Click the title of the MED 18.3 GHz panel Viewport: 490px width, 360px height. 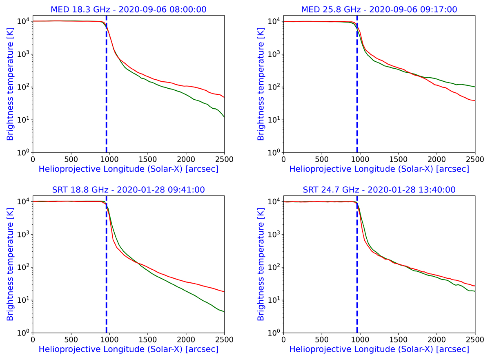[x=128, y=9]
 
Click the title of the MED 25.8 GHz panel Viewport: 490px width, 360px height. [x=379, y=9]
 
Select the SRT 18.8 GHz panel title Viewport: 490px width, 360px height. [x=128, y=189]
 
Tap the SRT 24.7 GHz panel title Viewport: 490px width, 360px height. [x=379, y=189]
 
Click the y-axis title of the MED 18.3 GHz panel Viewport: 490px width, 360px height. [x=10, y=84]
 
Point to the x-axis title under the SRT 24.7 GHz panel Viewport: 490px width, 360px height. [x=379, y=349]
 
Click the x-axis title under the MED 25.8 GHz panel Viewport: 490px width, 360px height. [x=379, y=169]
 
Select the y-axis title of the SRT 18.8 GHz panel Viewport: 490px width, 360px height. [x=10, y=264]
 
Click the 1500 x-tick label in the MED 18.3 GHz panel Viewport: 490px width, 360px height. [x=147, y=159]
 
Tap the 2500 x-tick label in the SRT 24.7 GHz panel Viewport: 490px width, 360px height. [x=475, y=340]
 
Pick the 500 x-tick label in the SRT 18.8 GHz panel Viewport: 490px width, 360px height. [x=71, y=340]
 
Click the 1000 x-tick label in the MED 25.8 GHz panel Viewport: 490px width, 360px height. [x=360, y=159]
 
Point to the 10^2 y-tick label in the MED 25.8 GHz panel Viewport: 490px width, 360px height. [x=274, y=87]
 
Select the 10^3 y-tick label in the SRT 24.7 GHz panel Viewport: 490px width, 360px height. [x=274, y=235]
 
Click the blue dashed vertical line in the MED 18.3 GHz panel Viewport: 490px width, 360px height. [x=106, y=102]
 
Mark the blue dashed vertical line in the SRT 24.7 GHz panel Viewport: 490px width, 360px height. [x=357, y=282]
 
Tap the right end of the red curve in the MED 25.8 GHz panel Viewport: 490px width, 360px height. [x=474, y=101]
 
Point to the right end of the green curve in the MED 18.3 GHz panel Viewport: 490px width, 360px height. [x=224, y=117]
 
